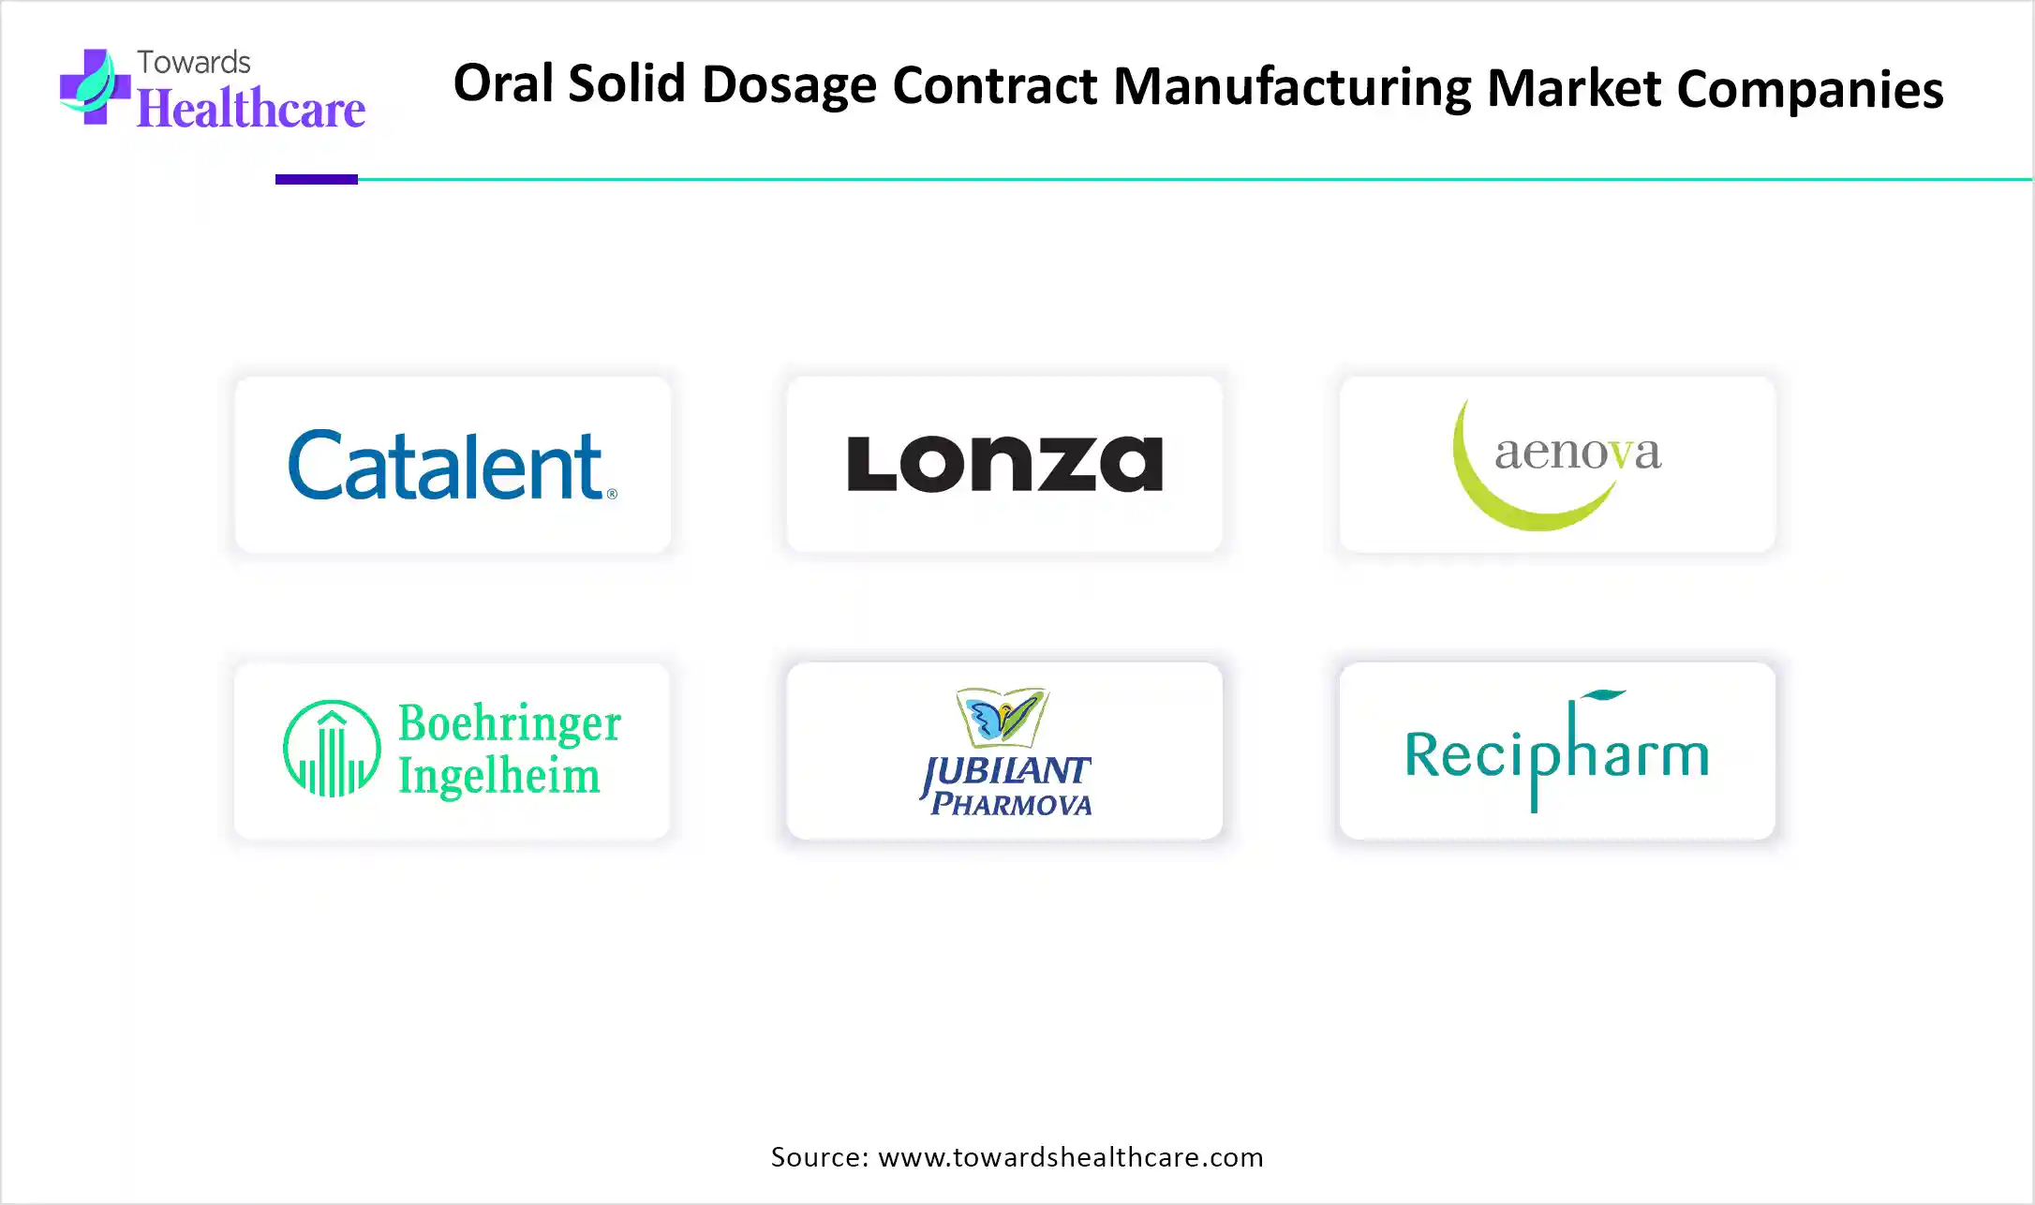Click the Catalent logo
tap(453, 465)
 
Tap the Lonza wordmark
tap(1004, 463)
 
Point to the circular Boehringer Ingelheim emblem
tap(332, 749)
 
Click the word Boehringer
tap(510, 722)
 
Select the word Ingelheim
tap(498, 776)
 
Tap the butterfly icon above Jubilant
tap(1002, 717)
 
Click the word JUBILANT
tap(1005, 772)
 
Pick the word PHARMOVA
tap(1011, 804)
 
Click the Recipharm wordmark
tap(1557, 751)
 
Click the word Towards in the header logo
tap(194, 62)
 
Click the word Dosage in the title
tap(789, 85)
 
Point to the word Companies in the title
tap(1810, 90)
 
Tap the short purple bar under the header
tap(317, 179)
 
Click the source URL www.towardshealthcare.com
tap(1071, 1157)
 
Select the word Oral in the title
tap(504, 82)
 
